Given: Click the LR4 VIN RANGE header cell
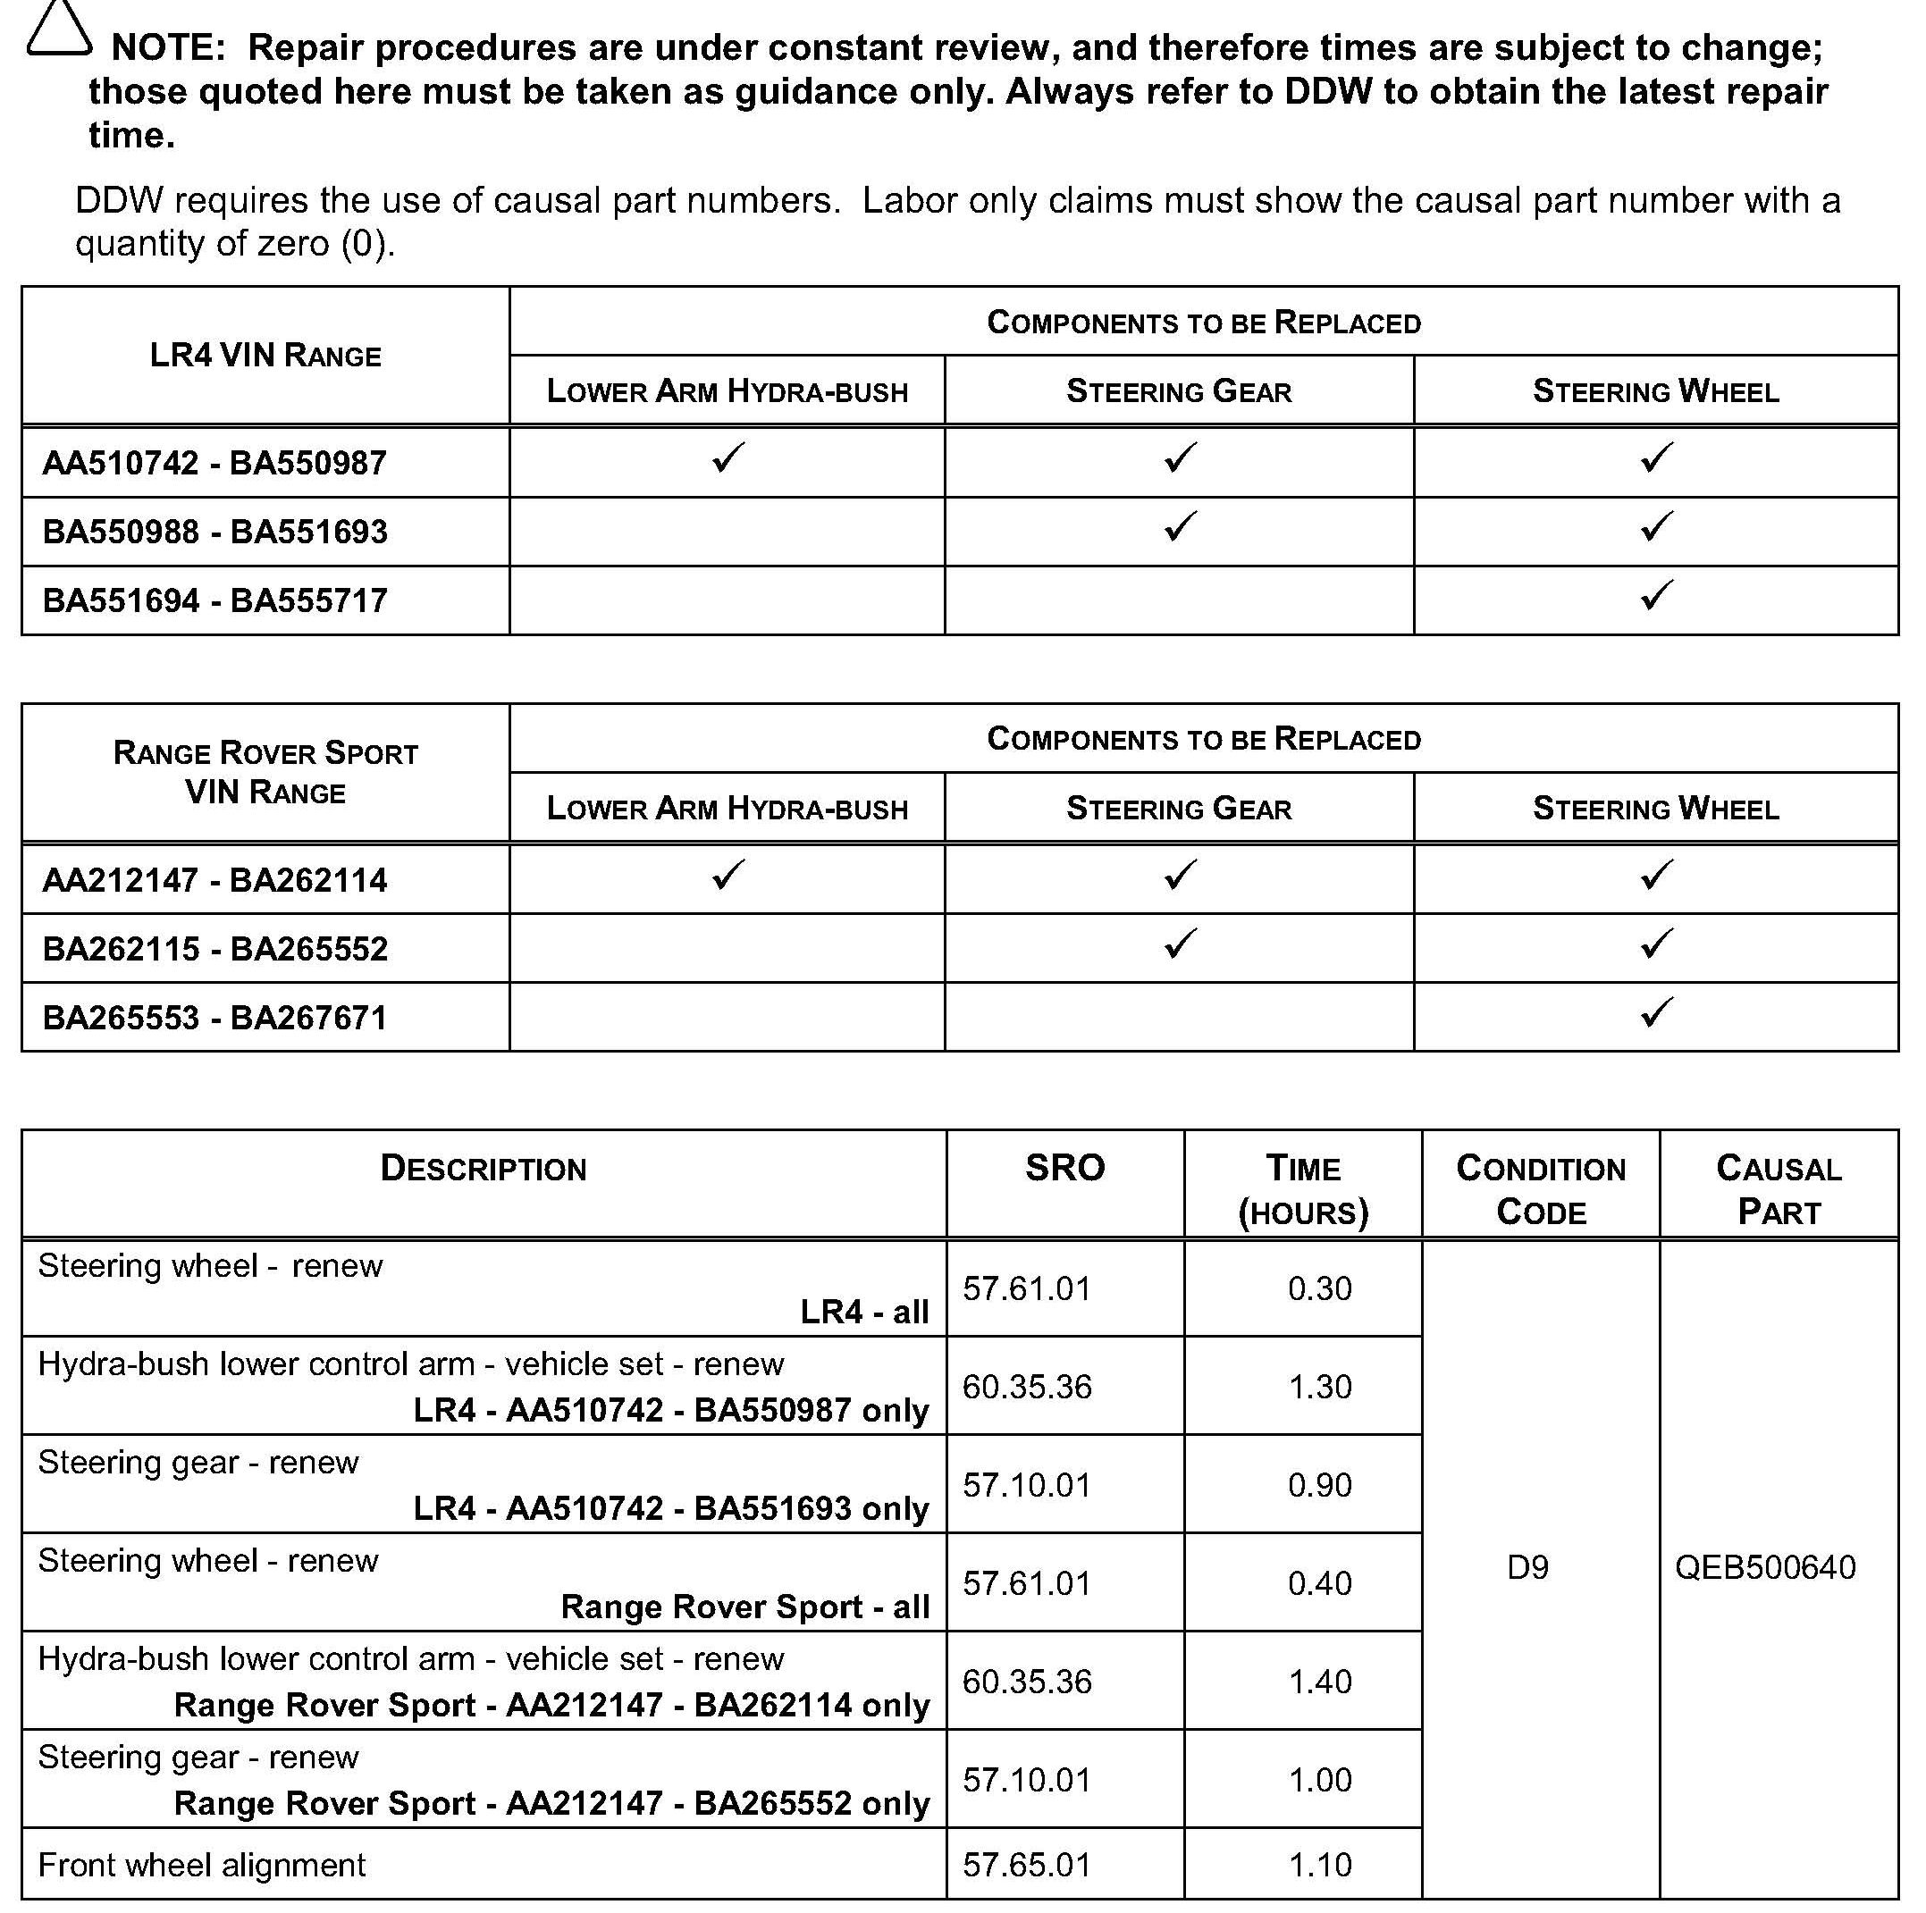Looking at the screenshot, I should (x=265, y=356).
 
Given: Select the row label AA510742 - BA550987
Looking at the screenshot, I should (x=214, y=464).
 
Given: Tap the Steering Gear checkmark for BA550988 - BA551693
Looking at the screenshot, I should (x=1180, y=526).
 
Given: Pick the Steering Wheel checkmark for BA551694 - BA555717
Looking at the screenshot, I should (x=1656, y=595).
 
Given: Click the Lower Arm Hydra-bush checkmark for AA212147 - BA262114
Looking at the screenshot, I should (x=728, y=876).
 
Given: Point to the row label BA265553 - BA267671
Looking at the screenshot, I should (x=214, y=1018).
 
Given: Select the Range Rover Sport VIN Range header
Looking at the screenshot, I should (x=265, y=773).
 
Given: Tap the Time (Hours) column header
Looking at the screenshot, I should (x=1303, y=1189).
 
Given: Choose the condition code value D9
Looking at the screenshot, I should (x=1527, y=1568).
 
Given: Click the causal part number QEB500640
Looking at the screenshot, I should (x=1764, y=1568).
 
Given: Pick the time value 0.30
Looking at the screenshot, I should (x=1319, y=1289).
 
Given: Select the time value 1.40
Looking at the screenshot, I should (x=1319, y=1682).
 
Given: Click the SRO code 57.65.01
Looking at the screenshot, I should (x=1027, y=1865).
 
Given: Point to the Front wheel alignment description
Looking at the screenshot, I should (x=202, y=1865).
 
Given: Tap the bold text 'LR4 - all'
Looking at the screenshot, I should (x=864, y=1313).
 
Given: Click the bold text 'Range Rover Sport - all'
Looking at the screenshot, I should (x=744, y=1607).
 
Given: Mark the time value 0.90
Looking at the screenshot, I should (x=1319, y=1485).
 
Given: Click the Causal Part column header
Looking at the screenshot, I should (x=1779, y=1189).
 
